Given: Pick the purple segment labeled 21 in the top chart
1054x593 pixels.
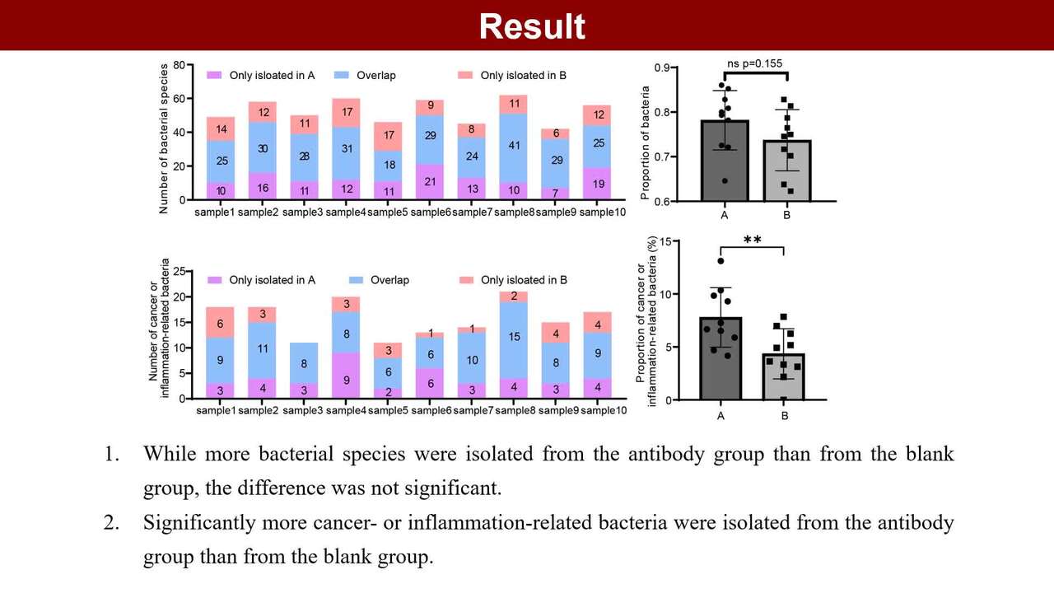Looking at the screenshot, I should click(430, 182).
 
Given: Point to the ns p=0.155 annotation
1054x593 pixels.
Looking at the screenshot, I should click(755, 63).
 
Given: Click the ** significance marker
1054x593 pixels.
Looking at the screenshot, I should click(752, 240).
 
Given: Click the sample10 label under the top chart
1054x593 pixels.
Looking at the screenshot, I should click(604, 212).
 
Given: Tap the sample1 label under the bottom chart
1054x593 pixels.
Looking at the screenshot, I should click(215, 410).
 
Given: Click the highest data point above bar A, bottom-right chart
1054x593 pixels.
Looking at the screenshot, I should click(721, 261).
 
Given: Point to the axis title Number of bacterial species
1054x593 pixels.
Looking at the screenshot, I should click(164, 137).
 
